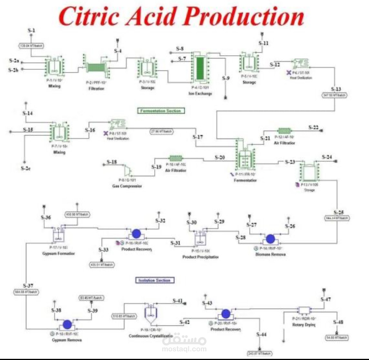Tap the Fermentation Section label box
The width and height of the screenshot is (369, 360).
[161, 111]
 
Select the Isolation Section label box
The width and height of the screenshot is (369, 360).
[154, 280]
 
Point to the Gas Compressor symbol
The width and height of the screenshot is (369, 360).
[128, 171]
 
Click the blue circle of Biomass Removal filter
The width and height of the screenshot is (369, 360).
[270, 239]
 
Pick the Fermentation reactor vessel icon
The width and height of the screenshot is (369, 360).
[245, 159]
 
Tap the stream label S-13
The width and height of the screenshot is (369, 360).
[336, 89]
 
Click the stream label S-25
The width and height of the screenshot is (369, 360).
[339, 213]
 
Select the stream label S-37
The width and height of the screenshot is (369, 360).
[28, 286]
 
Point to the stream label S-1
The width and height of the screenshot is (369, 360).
[31, 30]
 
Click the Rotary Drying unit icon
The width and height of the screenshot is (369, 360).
[304, 310]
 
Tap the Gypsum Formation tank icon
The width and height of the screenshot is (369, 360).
[59, 235]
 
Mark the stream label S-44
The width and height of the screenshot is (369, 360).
[261, 335]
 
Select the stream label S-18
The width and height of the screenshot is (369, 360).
[112, 162]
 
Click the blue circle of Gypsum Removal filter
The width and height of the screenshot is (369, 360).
[67, 324]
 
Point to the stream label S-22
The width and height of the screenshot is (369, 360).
[314, 127]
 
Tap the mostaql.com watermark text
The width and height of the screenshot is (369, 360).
[184, 349]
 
